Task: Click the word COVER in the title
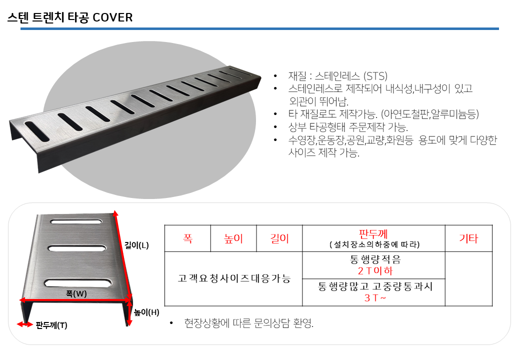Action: (x=113, y=17)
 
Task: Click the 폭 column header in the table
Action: (x=187, y=238)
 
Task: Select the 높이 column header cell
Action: (x=233, y=238)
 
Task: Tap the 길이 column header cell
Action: (x=279, y=238)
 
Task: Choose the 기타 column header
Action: (x=468, y=238)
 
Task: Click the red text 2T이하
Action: (x=375, y=271)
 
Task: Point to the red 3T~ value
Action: (x=375, y=297)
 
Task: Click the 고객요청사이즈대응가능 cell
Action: (x=234, y=278)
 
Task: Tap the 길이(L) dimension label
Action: (x=136, y=245)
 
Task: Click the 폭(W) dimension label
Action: (x=76, y=293)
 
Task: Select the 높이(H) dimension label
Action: (x=146, y=312)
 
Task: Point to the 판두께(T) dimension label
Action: (x=51, y=325)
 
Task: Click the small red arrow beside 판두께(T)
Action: (x=25, y=324)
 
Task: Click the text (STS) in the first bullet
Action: (x=375, y=76)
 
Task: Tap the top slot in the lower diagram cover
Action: (x=76, y=221)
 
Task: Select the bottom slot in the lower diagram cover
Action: (x=78, y=283)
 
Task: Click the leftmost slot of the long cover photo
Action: (x=37, y=131)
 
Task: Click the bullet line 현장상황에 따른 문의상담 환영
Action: (x=248, y=323)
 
